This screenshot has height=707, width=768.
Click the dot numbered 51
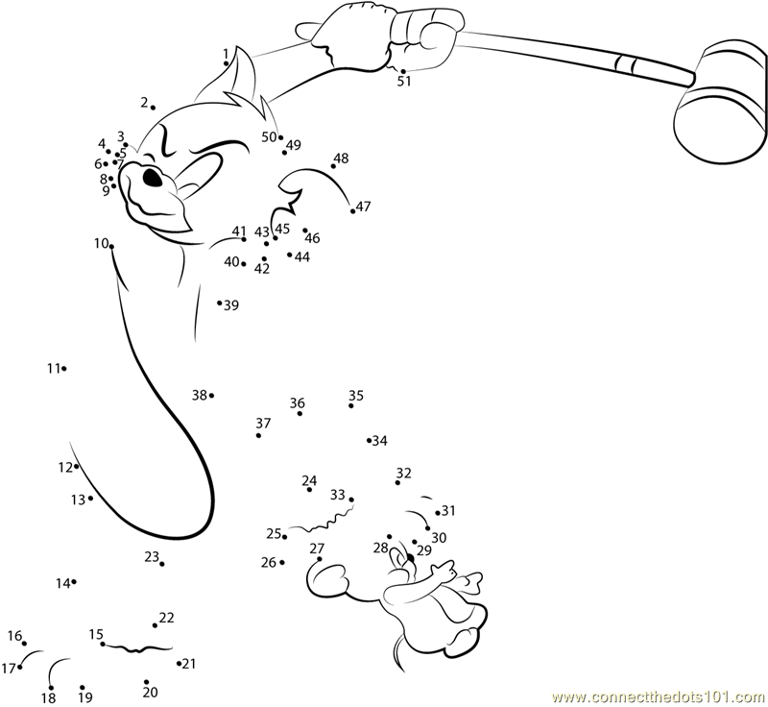tap(403, 71)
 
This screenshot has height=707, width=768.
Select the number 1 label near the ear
tap(226, 54)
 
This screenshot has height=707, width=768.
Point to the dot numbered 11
tap(64, 369)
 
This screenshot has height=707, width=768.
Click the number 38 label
tap(200, 395)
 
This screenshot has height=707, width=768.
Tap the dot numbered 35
tap(351, 405)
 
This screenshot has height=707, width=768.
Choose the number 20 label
tap(151, 692)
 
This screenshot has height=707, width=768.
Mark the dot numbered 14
tap(74, 581)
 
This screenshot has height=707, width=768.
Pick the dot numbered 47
tap(352, 211)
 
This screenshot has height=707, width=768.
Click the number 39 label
tap(231, 305)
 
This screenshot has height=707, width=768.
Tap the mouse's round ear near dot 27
tap(325, 578)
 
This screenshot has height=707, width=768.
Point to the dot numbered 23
tap(162, 564)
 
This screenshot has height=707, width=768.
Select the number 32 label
tap(403, 473)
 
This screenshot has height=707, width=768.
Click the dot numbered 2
tap(154, 108)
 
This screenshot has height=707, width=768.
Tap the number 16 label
tap(14, 636)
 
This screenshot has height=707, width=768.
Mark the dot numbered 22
tap(155, 625)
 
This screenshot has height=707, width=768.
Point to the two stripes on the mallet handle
tap(626, 62)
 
